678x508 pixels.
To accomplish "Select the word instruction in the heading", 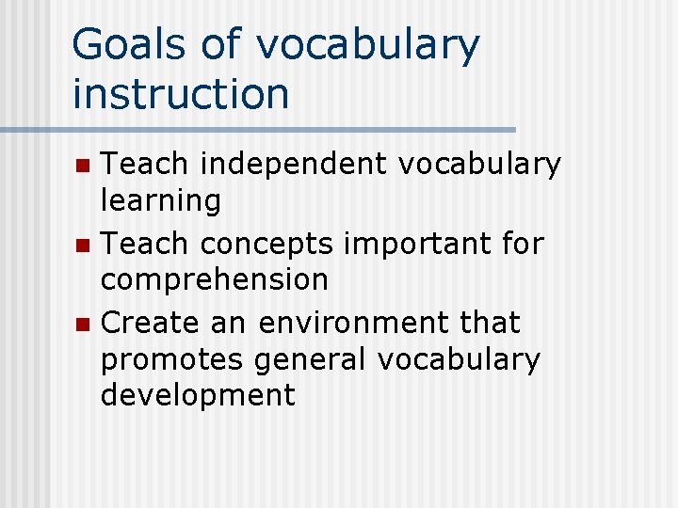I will [181, 93].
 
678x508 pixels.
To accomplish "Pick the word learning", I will [161, 200].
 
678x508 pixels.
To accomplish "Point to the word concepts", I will [266, 245].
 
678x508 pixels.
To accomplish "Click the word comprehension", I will [215, 280].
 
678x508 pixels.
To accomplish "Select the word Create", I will [148, 323].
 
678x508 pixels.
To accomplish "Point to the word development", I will [198, 395].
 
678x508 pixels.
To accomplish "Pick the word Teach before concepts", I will [144, 244].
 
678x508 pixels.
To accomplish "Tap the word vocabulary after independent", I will [479, 165].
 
